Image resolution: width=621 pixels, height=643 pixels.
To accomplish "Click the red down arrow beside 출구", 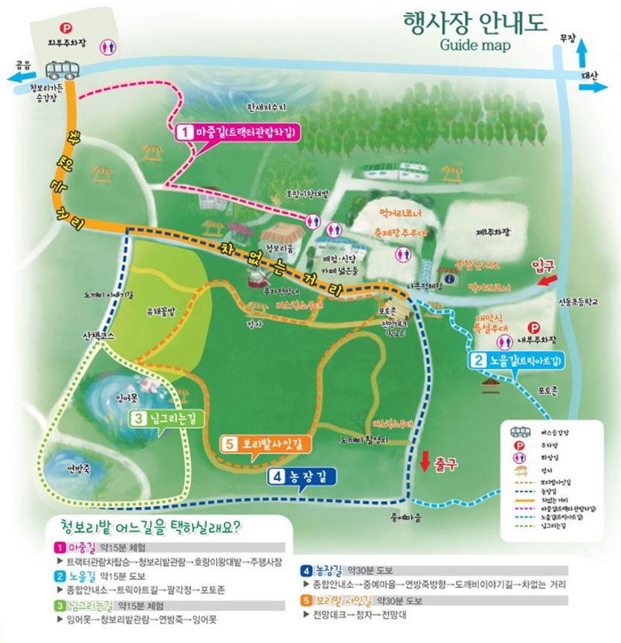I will [x=424, y=461].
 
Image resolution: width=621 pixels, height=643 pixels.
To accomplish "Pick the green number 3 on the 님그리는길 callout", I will [x=138, y=419].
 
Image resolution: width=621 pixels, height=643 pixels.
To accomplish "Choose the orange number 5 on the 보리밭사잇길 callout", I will [x=231, y=444].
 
